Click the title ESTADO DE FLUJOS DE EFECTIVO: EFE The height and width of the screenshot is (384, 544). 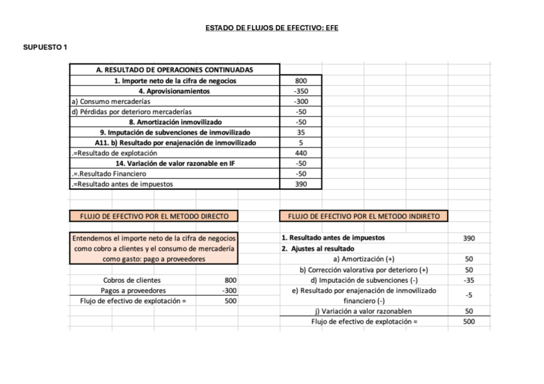pyautogui.click(x=271, y=28)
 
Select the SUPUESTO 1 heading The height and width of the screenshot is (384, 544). pyautogui.click(x=46, y=47)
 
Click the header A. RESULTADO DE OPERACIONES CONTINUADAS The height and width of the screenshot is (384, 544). pyautogui.click(x=174, y=70)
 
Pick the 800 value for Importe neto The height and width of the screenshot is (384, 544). pyautogui.click(x=301, y=81)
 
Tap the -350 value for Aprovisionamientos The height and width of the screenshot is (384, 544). pyautogui.click(x=301, y=91)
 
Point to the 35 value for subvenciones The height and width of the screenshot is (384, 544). pyautogui.click(x=301, y=132)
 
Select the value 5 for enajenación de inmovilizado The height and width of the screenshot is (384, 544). pyautogui.click(x=301, y=142)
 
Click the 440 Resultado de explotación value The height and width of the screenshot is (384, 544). pyautogui.click(x=301, y=153)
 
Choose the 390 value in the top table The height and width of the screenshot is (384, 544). pyautogui.click(x=301, y=184)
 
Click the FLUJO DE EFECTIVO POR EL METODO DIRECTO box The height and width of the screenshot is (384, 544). pyautogui.click(x=153, y=216)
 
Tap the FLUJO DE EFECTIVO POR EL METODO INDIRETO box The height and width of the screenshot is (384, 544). pyautogui.click(x=364, y=216)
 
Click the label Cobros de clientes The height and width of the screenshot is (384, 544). pyautogui.click(x=132, y=280)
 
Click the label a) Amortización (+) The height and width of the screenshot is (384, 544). pyautogui.click(x=364, y=259)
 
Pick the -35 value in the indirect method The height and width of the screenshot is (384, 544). pyautogui.click(x=468, y=280)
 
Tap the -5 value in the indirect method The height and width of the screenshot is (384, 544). pyautogui.click(x=468, y=296)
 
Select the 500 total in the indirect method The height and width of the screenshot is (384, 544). pyautogui.click(x=468, y=321)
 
